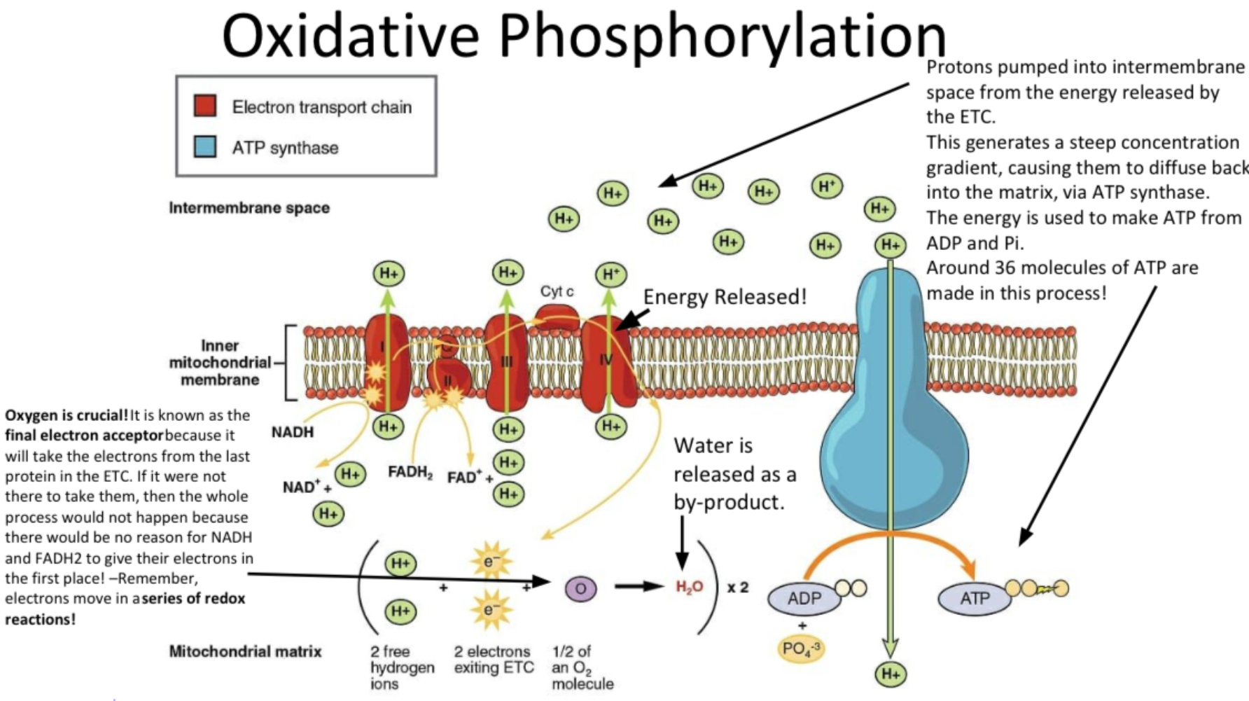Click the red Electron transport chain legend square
[204, 106]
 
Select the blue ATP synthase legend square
[204, 146]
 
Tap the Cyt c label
[557, 291]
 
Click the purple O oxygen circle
[580, 588]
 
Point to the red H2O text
[689, 587]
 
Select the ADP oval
[804, 598]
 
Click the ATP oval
[974, 598]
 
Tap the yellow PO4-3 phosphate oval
[800, 648]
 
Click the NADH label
[293, 432]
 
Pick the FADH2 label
[410, 473]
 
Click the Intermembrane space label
[249, 207]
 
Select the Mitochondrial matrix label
[245, 651]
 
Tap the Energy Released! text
[725, 296]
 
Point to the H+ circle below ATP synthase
[891, 674]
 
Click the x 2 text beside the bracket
[738, 587]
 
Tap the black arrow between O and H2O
[639, 586]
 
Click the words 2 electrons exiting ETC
[493, 660]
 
